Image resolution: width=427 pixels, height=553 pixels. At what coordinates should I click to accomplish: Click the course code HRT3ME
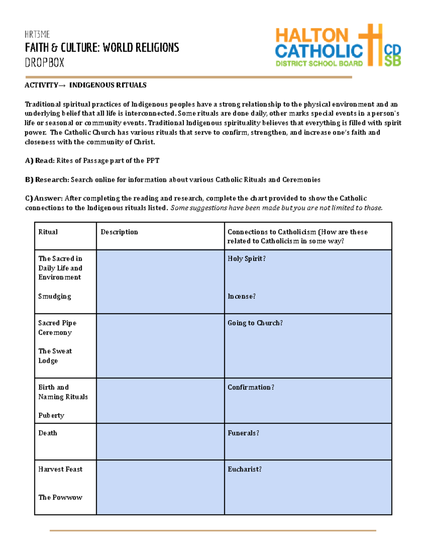[37, 35]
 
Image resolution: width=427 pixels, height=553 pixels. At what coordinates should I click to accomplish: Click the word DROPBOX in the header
[44, 63]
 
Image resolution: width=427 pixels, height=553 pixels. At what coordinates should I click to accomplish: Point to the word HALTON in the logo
[312, 36]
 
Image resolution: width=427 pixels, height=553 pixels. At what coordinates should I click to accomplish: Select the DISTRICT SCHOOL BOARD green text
[319, 64]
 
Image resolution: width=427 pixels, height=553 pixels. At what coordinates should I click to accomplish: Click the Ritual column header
[48, 232]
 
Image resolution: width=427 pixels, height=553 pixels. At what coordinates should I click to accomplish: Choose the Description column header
[119, 232]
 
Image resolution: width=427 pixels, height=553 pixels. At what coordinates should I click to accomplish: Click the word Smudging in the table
[55, 296]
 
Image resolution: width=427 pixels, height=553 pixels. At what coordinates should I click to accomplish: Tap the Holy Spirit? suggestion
[247, 259]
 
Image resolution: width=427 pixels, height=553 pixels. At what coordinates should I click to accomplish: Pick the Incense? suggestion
[242, 296]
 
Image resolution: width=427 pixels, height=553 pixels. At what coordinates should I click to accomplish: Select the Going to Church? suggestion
[255, 323]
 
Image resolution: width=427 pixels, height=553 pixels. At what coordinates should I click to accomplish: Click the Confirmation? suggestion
[251, 387]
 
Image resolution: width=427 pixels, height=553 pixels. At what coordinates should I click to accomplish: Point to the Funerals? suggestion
[243, 433]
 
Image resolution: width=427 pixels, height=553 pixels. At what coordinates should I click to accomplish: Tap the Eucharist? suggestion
[244, 469]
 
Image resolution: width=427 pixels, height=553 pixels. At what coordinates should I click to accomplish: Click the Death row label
[48, 433]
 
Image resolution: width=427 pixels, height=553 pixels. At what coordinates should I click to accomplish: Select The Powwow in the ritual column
[60, 497]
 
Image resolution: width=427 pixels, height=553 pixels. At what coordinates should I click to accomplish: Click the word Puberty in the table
[51, 416]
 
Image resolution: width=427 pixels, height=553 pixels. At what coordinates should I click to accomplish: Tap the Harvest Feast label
[60, 469]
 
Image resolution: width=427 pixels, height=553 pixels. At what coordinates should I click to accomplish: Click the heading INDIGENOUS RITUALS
[108, 85]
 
